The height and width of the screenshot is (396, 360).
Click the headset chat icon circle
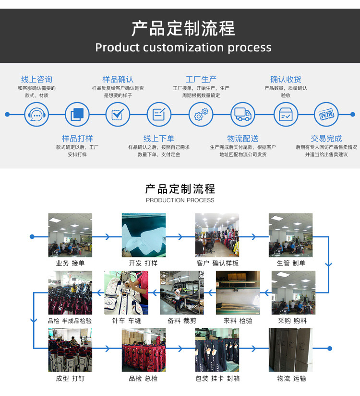pyautogui.click(x=36, y=115)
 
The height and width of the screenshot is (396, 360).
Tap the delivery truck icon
pyautogui.click(x=243, y=115)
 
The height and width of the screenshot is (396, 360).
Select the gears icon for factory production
pyautogui.click(x=201, y=115)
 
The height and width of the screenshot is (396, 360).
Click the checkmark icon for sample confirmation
pyautogui.click(x=118, y=115)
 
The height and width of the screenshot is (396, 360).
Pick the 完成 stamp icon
pyautogui.click(x=326, y=115)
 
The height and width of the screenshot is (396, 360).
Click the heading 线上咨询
pyautogui.click(x=36, y=79)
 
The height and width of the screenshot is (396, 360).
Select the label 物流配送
pyautogui.click(x=243, y=139)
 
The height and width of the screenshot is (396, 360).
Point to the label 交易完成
pyautogui.click(x=326, y=139)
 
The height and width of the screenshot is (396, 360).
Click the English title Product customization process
pyautogui.click(x=183, y=47)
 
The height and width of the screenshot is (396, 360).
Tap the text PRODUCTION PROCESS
pyautogui.click(x=180, y=200)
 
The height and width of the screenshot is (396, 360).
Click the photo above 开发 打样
pyautogui.click(x=144, y=235)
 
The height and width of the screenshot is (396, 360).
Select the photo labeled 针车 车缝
pyautogui.click(x=126, y=292)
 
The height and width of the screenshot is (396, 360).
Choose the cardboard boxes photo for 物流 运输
pyautogui.click(x=290, y=350)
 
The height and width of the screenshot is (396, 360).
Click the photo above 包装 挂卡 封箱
pyautogui.click(x=217, y=350)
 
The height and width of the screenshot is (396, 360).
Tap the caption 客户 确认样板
pyautogui.click(x=217, y=263)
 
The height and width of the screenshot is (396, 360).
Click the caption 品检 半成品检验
pyautogui.click(x=70, y=321)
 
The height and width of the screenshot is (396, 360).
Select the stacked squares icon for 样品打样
pyautogui.click(x=77, y=115)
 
